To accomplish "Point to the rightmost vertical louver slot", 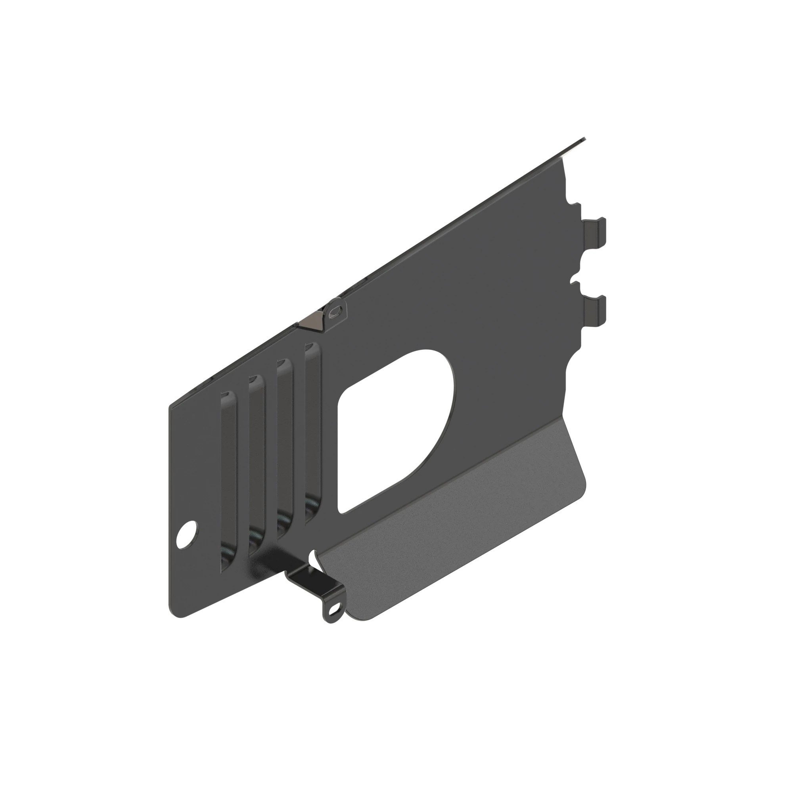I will click(x=312, y=429).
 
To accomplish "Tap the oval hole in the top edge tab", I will click(x=336, y=310).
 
